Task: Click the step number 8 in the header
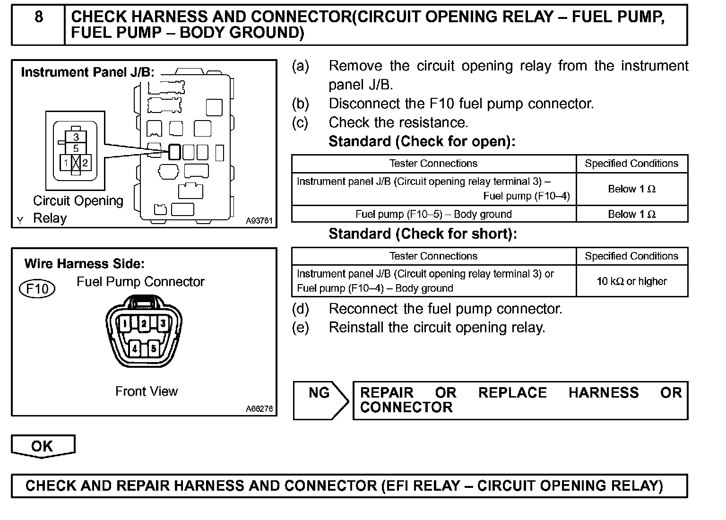pos(39,17)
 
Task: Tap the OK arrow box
pos(43,446)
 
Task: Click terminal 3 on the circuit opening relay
pos(76,138)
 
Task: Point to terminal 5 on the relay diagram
pos(76,148)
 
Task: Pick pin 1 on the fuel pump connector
pos(124,323)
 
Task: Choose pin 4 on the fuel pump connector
pos(135,349)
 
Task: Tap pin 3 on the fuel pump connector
pos(162,323)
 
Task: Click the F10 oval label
pos(37,288)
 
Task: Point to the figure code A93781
pos(259,220)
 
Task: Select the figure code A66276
pos(259,409)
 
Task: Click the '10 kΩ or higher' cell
pos(631,281)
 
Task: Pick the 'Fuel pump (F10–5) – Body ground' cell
pos(433,214)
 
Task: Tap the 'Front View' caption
pos(147,391)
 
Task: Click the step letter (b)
pos(300,104)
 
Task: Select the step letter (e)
pos(300,327)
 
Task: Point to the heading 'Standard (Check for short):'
pos(423,234)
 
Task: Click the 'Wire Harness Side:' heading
pos(85,264)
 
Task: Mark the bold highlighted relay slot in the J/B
pos(174,152)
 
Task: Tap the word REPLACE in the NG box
pos(512,393)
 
